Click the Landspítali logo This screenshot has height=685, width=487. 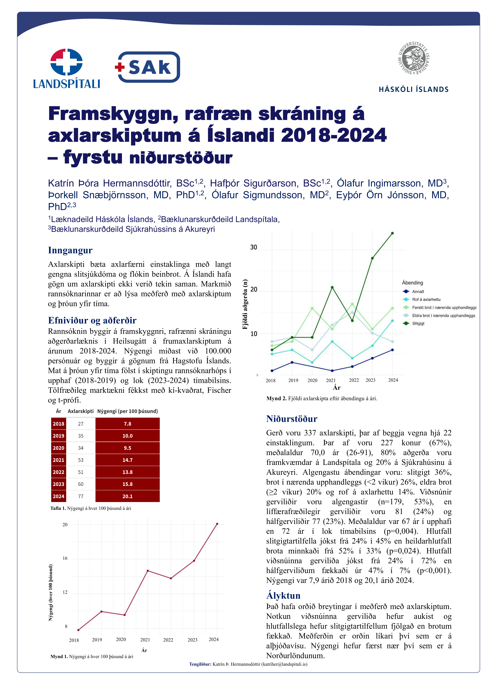tap(67, 68)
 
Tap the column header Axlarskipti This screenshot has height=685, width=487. tap(80, 411)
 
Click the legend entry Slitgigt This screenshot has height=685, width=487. tap(418, 323)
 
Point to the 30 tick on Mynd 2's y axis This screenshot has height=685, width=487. tap(254, 247)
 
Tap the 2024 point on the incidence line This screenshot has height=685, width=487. tap(217, 524)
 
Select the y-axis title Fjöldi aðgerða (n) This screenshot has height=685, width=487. tap(245, 304)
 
